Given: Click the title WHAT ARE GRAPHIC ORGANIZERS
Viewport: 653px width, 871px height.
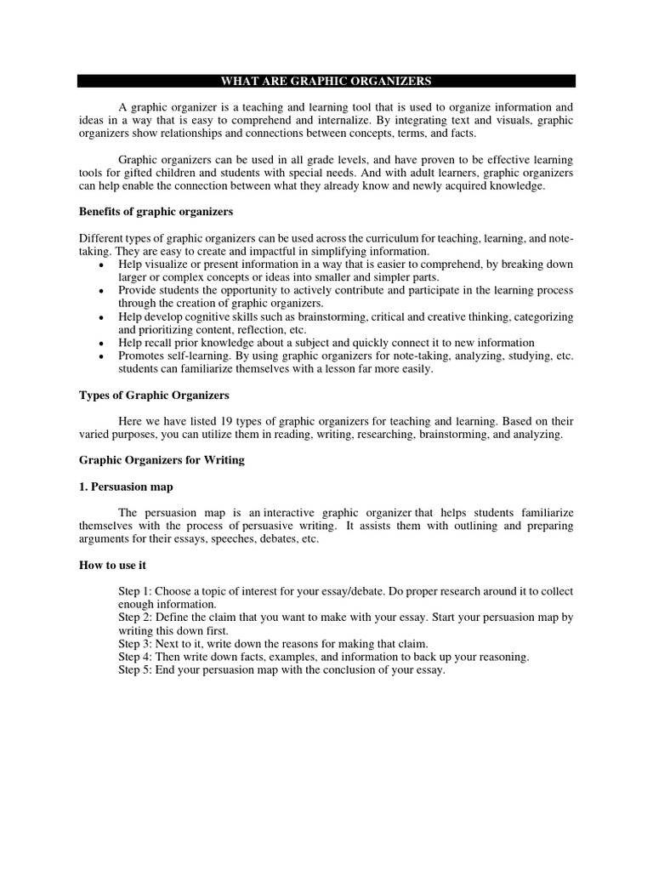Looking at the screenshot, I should tap(326, 82).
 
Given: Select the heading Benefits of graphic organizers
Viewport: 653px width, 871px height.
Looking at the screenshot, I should tap(156, 211).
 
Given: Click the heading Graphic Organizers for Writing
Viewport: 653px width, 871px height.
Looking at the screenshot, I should tap(162, 460).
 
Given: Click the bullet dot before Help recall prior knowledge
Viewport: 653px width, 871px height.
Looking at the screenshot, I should tap(102, 344).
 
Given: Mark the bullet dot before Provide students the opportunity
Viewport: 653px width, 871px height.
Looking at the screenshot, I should tap(102, 292).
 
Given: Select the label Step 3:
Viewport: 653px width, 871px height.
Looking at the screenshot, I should tap(137, 644).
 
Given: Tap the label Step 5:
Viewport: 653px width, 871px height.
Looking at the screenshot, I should tap(137, 669).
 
